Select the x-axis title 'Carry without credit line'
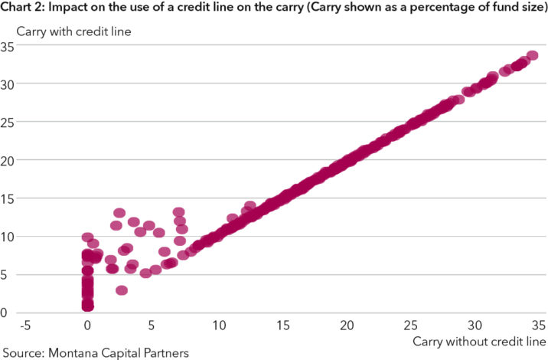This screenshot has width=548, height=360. [x=479, y=339]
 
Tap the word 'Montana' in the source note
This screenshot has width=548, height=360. [x=77, y=352]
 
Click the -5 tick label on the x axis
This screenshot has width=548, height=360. [x=25, y=325]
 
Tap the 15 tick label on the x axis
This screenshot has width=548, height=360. [x=282, y=325]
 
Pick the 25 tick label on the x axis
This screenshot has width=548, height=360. [x=411, y=325]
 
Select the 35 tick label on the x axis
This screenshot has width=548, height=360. [x=538, y=325]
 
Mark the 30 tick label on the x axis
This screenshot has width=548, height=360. [x=475, y=325]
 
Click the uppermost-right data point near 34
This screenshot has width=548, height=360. [x=532, y=56]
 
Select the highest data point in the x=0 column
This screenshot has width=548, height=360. [x=88, y=237]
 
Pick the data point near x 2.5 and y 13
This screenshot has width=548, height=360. [x=119, y=213]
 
